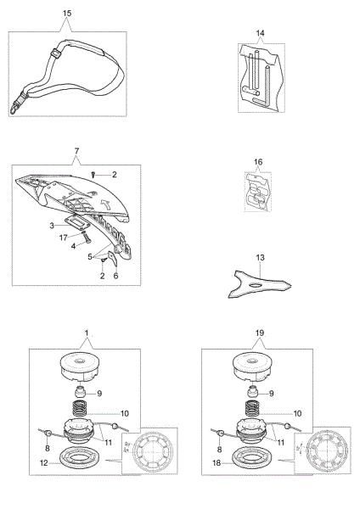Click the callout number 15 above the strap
(66, 14)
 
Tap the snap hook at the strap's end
(14, 108)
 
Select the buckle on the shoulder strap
(57, 53)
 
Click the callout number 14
(260, 33)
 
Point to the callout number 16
(258, 162)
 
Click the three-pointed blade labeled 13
(260, 284)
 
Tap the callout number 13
(261, 257)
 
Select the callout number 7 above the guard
(76, 151)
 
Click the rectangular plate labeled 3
(76, 222)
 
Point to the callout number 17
(64, 238)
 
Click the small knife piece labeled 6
(112, 258)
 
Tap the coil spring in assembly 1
(78, 410)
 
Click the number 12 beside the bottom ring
(43, 463)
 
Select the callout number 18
(217, 463)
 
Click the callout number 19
(260, 333)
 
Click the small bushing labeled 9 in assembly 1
(81, 392)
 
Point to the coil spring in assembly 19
(250, 410)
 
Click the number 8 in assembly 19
(219, 449)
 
